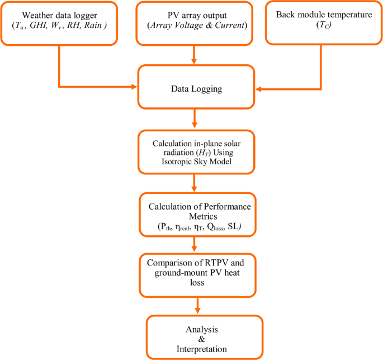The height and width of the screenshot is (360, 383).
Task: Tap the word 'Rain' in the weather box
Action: pos(94,25)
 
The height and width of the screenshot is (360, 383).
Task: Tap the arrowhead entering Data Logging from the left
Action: pos(134,87)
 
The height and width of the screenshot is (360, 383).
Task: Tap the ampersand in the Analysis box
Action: pos(201,338)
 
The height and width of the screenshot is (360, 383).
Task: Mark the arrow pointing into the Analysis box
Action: pos(197,306)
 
